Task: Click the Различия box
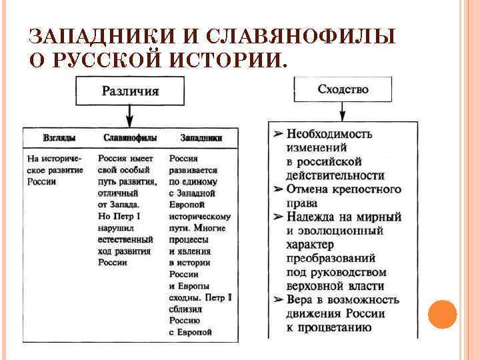(x=130, y=91)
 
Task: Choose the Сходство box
(x=343, y=89)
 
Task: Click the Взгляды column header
(x=59, y=137)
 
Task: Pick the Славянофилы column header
(x=130, y=137)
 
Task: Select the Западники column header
(x=201, y=137)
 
